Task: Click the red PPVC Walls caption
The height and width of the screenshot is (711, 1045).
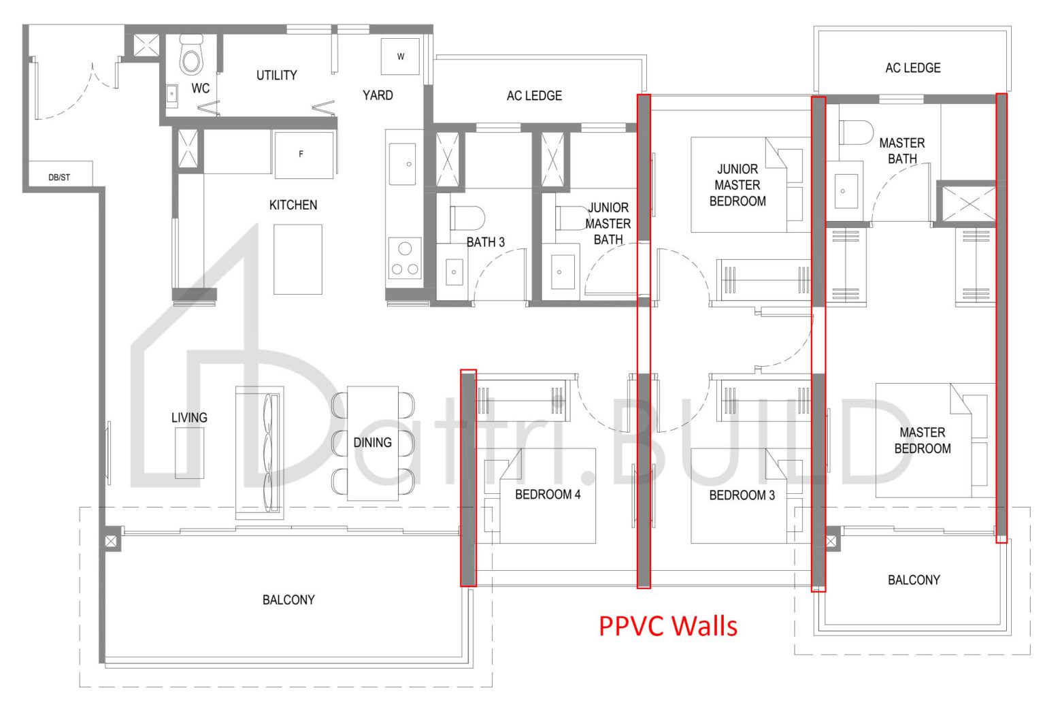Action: [667, 625]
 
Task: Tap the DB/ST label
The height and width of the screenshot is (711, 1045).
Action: [59, 178]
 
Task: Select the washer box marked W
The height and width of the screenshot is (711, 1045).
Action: [400, 56]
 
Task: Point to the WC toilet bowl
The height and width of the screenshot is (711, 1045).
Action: [191, 56]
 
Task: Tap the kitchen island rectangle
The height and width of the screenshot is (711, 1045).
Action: [297, 259]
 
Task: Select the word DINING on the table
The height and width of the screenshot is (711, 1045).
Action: [372, 442]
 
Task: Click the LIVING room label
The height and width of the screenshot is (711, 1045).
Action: [189, 418]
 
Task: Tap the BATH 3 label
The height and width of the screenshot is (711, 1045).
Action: [485, 242]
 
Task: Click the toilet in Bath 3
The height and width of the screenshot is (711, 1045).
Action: [466, 218]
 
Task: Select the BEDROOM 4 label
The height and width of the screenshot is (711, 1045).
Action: [548, 495]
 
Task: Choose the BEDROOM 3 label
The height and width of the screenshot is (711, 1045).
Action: [742, 495]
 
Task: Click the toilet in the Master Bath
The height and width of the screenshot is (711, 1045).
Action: [855, 133]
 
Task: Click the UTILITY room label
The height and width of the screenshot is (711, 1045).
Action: [276, 76]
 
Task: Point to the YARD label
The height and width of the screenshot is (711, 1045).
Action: [378, 95]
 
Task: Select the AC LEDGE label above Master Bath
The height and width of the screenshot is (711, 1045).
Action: [912, 68]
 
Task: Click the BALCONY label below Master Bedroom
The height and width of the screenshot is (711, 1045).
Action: [914, 580]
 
